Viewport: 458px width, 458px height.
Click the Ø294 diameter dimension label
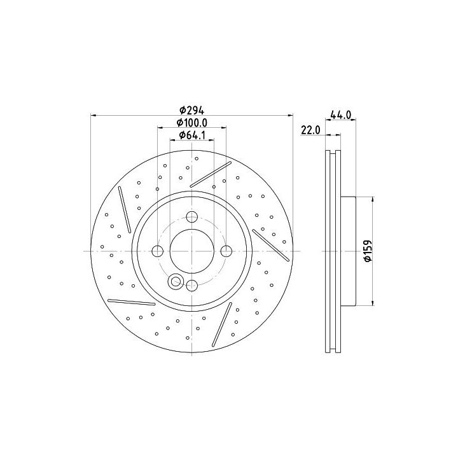(x=191, y=111)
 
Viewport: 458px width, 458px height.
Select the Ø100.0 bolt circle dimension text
(x=192, y=123)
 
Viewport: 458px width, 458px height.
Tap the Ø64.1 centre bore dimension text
(x=192, y=135)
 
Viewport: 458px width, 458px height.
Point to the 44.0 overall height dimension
(x=340, y=114)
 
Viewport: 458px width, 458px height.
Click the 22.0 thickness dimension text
(x=311, y=130)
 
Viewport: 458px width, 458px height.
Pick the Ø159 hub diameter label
(x=368, y=251)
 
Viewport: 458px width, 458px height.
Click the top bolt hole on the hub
(x=192, y=216)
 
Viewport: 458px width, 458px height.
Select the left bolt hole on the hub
(x=158, y=251)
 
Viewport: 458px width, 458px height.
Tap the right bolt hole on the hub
(x=226, y=251)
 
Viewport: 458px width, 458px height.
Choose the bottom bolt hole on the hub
(x=192, y=286)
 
